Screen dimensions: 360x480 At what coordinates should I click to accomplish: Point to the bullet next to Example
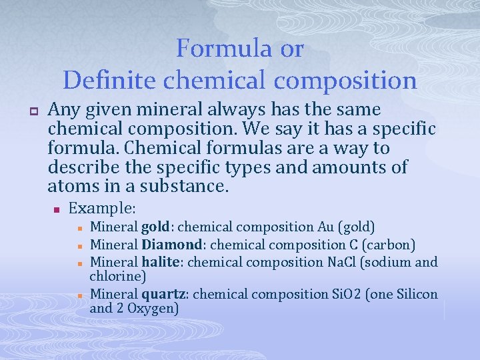coord(58,210)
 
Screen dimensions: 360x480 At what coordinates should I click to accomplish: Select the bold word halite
coord(160,261)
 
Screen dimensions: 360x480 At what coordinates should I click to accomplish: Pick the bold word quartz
coord(163,294)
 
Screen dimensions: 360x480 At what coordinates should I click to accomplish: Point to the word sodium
coord(393,261)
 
